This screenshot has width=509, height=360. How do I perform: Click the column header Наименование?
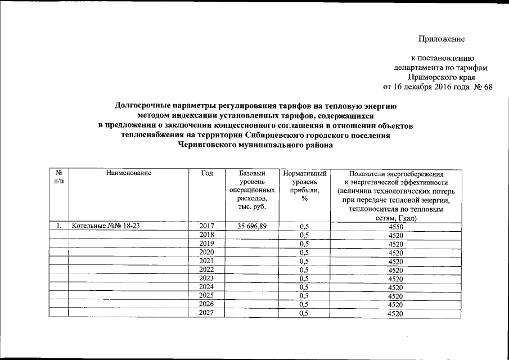tap(129, 174)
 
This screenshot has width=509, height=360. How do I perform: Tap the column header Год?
tap(206, 174)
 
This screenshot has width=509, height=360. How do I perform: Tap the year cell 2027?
tap(208, 313)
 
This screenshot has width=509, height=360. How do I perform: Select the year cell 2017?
tap(208, 226)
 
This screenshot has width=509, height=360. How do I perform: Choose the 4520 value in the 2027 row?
tap(396, 313)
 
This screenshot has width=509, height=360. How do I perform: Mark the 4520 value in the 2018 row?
tap(396, 235)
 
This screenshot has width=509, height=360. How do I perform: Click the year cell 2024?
tap(208, 287)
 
